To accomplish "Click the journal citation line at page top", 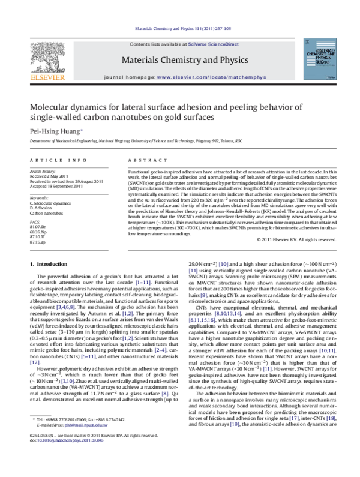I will click(179, 28).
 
